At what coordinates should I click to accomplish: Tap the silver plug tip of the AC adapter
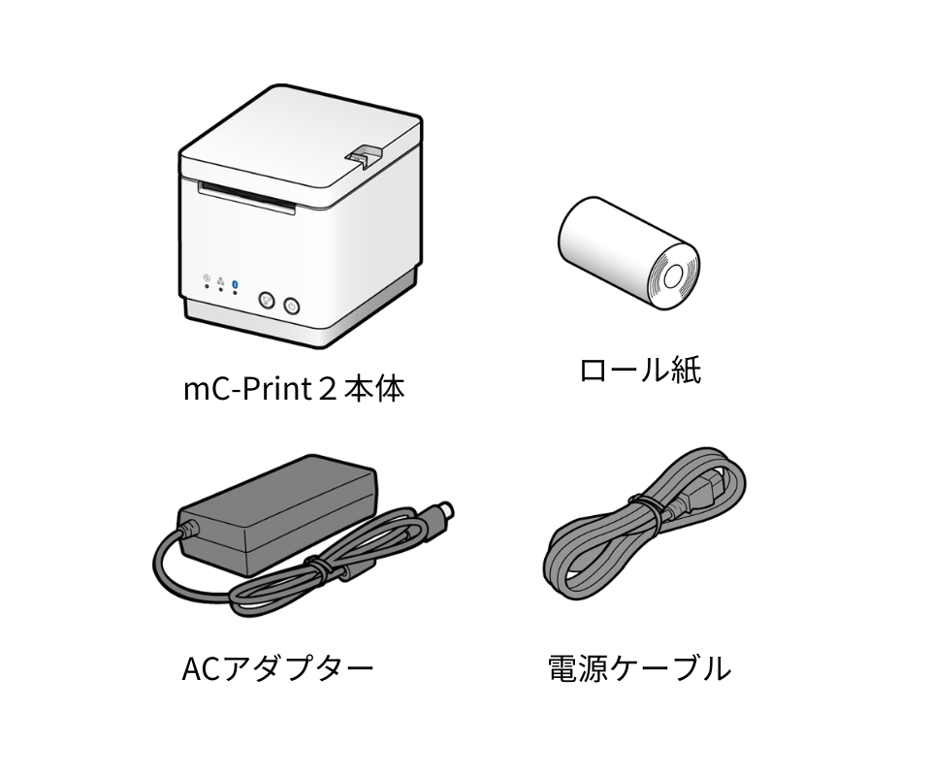443,510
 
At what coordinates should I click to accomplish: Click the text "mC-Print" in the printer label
247,390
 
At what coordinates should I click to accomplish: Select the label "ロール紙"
639,370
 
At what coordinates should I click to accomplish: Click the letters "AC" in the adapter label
201,668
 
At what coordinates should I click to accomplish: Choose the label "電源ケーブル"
639,668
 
